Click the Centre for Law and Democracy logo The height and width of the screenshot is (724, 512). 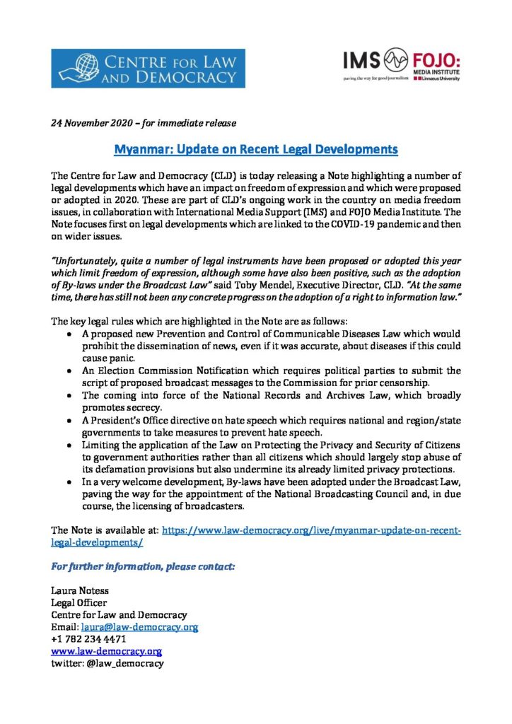coord(148,69)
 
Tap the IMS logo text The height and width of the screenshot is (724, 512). coord(361,61)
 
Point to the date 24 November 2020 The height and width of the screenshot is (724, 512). coord(92,122)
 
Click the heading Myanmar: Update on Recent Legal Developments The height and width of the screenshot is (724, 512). coord(256,150)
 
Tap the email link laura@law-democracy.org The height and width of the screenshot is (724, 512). coord(139,626)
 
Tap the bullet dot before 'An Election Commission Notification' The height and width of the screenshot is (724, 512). coord(67,371)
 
